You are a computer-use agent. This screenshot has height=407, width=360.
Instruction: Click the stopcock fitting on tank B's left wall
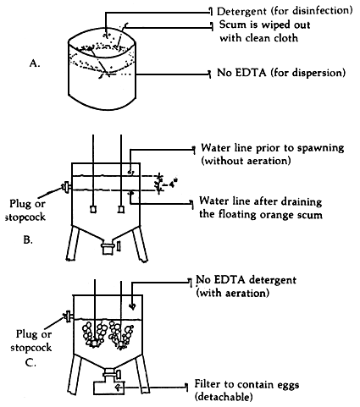[x=65, y=188]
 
